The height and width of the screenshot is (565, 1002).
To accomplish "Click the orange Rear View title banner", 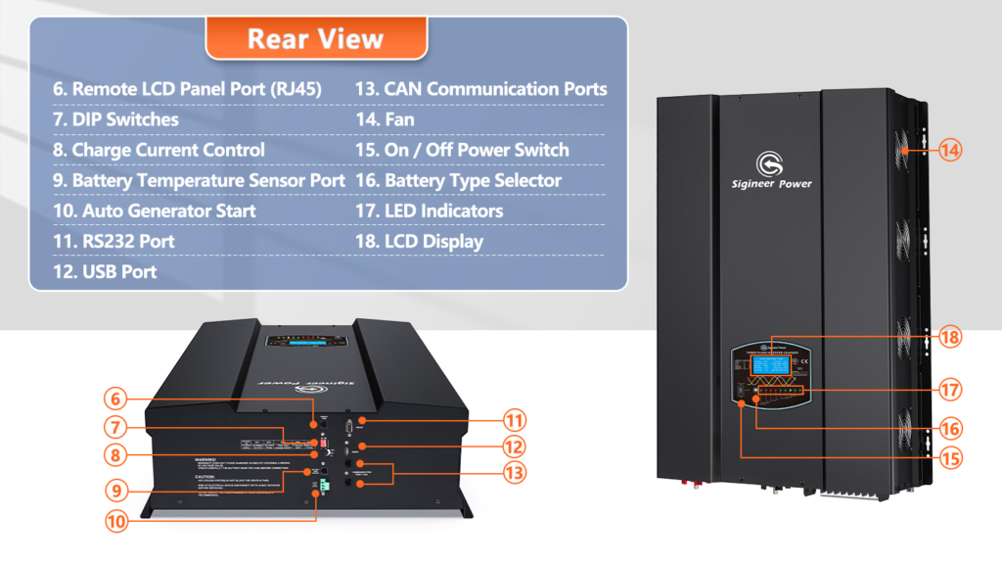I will point(315,38).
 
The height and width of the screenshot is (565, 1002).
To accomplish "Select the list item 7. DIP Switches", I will point(115,119).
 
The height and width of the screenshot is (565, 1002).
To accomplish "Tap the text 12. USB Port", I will point(105,271).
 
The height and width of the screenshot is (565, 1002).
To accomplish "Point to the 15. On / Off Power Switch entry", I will point(461,150).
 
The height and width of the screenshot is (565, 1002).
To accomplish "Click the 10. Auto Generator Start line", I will point(155,211).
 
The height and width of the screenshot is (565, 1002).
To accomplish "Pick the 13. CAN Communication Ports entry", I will point(480,89).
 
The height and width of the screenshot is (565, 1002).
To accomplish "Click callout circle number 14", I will point(951,151).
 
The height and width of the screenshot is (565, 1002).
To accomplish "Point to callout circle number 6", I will point(116,399).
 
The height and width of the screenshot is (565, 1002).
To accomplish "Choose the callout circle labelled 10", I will point(116,522).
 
